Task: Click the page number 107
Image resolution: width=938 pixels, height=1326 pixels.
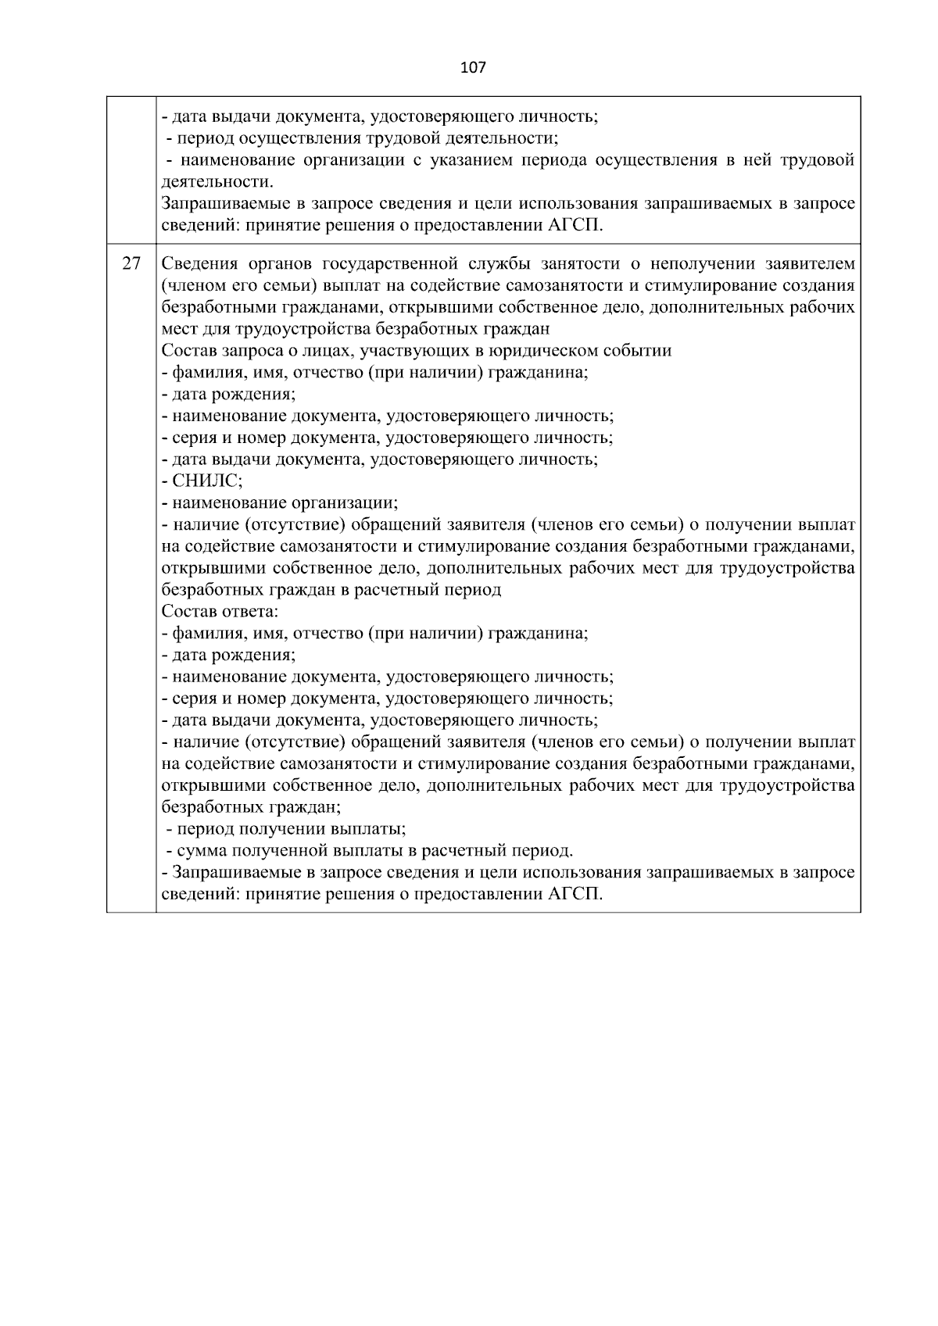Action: (473, 68)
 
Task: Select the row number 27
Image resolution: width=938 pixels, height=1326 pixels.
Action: (131, 263)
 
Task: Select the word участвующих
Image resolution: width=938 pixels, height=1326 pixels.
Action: (403, 350)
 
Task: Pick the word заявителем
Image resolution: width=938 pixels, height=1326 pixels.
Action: (812, 263)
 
